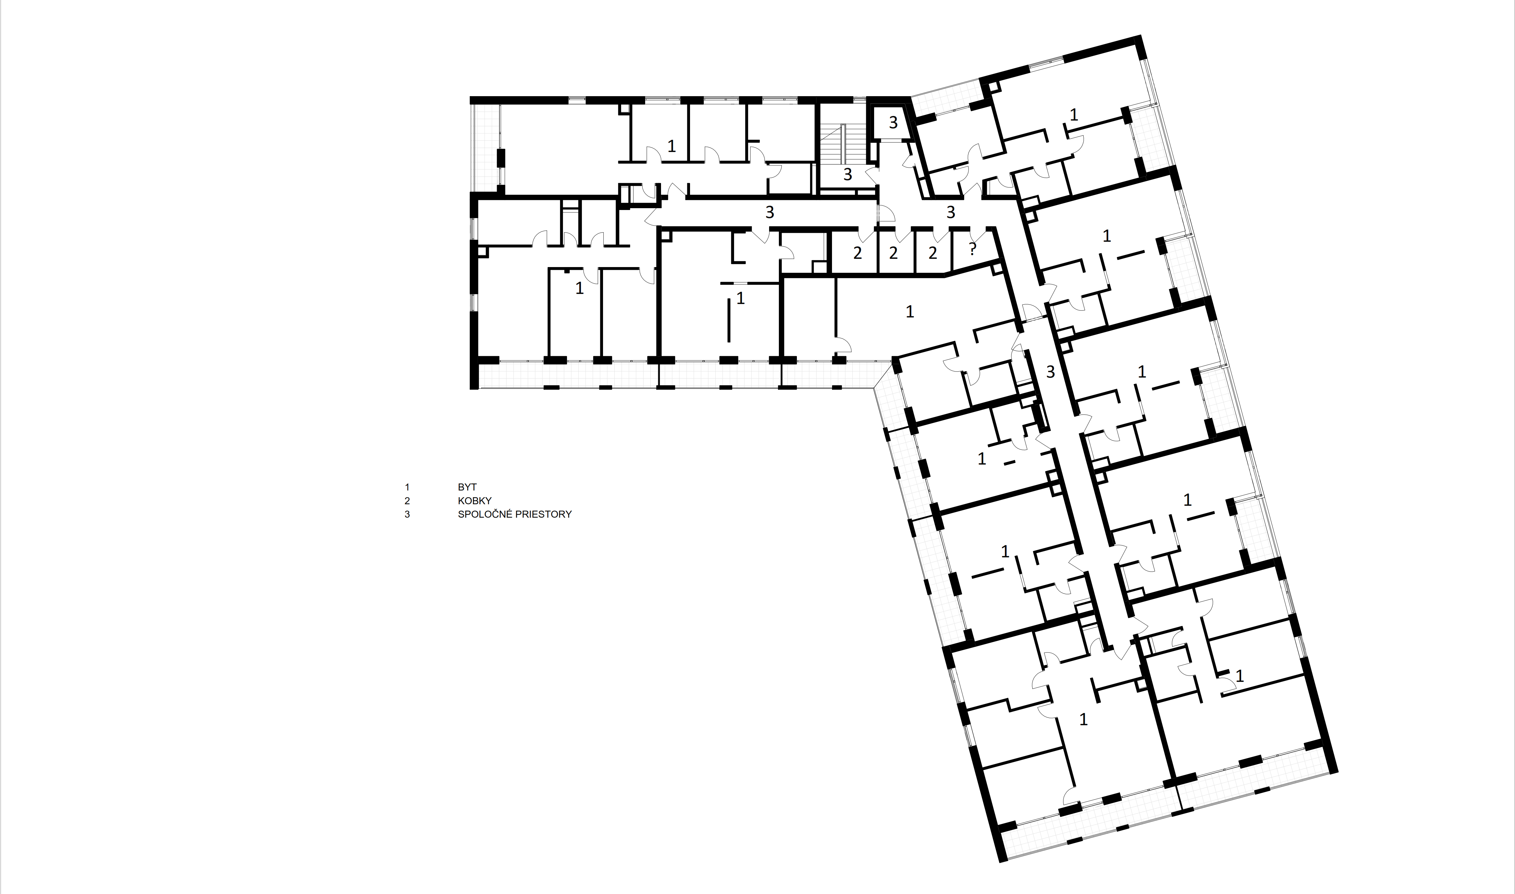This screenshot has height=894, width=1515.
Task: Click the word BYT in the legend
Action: pos(467,487)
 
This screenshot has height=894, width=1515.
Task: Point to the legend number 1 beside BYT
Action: pos(407,487)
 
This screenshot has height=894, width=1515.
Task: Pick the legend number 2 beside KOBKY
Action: pos(407,501)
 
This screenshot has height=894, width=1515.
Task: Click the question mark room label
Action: pos(972,249)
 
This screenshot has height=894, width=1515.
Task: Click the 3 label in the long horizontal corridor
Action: pos(769,212)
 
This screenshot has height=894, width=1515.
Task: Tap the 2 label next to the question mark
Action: pos(933,253)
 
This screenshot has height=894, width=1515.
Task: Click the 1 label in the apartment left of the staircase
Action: pos(671,146)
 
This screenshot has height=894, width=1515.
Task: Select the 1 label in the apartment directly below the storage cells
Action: pos(910,311)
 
